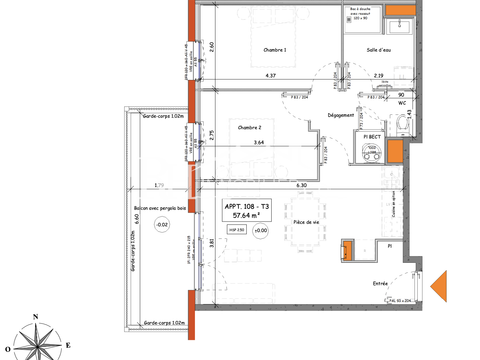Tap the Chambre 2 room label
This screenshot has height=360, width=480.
[x=249, y=127]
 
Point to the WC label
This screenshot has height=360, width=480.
[x=401, y=102]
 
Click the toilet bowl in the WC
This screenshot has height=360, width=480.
[x=401, y=120]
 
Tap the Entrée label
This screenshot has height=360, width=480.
[x=381, y=283]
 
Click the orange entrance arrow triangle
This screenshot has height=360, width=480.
[x=440, y=287]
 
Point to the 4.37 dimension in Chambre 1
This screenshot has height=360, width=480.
[x=270, y=76]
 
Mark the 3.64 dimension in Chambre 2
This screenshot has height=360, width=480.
[x=259, y=143]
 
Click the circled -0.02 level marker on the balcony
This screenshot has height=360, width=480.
[x=163, y=225]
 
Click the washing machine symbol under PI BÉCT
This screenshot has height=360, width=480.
[x=374, y=153]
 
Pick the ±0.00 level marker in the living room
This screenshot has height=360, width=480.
[x=261, y=231]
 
